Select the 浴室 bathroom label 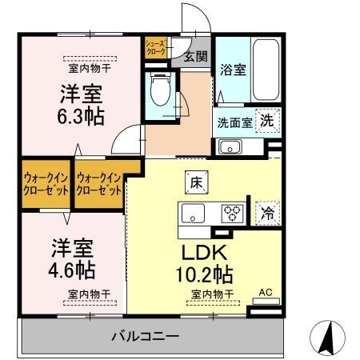233,70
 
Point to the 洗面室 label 234,123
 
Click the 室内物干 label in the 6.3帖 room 90,69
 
